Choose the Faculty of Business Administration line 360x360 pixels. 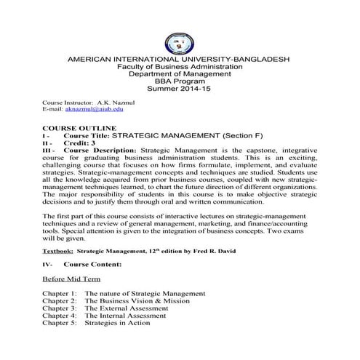click(x=179, y=65)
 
